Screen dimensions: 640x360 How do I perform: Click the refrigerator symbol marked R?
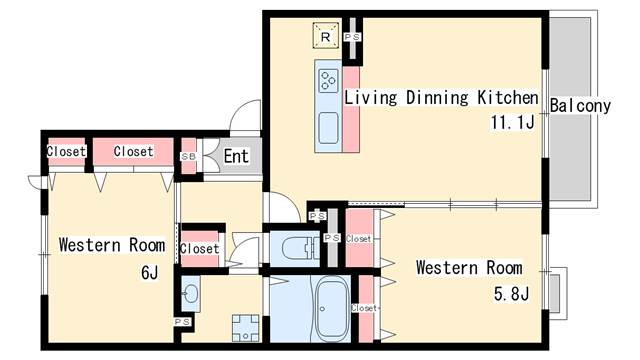326,36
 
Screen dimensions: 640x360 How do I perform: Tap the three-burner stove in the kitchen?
329,80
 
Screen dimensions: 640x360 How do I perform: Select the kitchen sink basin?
329,128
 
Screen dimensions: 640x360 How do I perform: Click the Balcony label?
580,105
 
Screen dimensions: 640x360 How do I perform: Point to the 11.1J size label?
512,122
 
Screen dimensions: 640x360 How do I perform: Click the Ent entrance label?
236,156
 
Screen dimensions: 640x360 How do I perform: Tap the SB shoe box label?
188,156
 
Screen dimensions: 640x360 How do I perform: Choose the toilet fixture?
301,248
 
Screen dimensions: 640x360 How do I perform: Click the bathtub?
332,308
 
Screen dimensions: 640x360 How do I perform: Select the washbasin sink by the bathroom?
190,293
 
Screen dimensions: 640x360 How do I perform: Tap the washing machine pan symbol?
246,328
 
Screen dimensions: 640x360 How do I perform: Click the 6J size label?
149,272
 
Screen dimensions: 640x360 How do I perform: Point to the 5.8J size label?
511,293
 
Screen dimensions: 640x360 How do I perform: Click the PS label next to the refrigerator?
352,37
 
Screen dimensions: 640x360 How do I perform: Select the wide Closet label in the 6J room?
133,151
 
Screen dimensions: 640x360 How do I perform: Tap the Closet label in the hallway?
200,249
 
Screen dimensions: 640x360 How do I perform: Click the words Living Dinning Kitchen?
441,98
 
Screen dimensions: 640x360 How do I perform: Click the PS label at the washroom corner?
182,322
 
